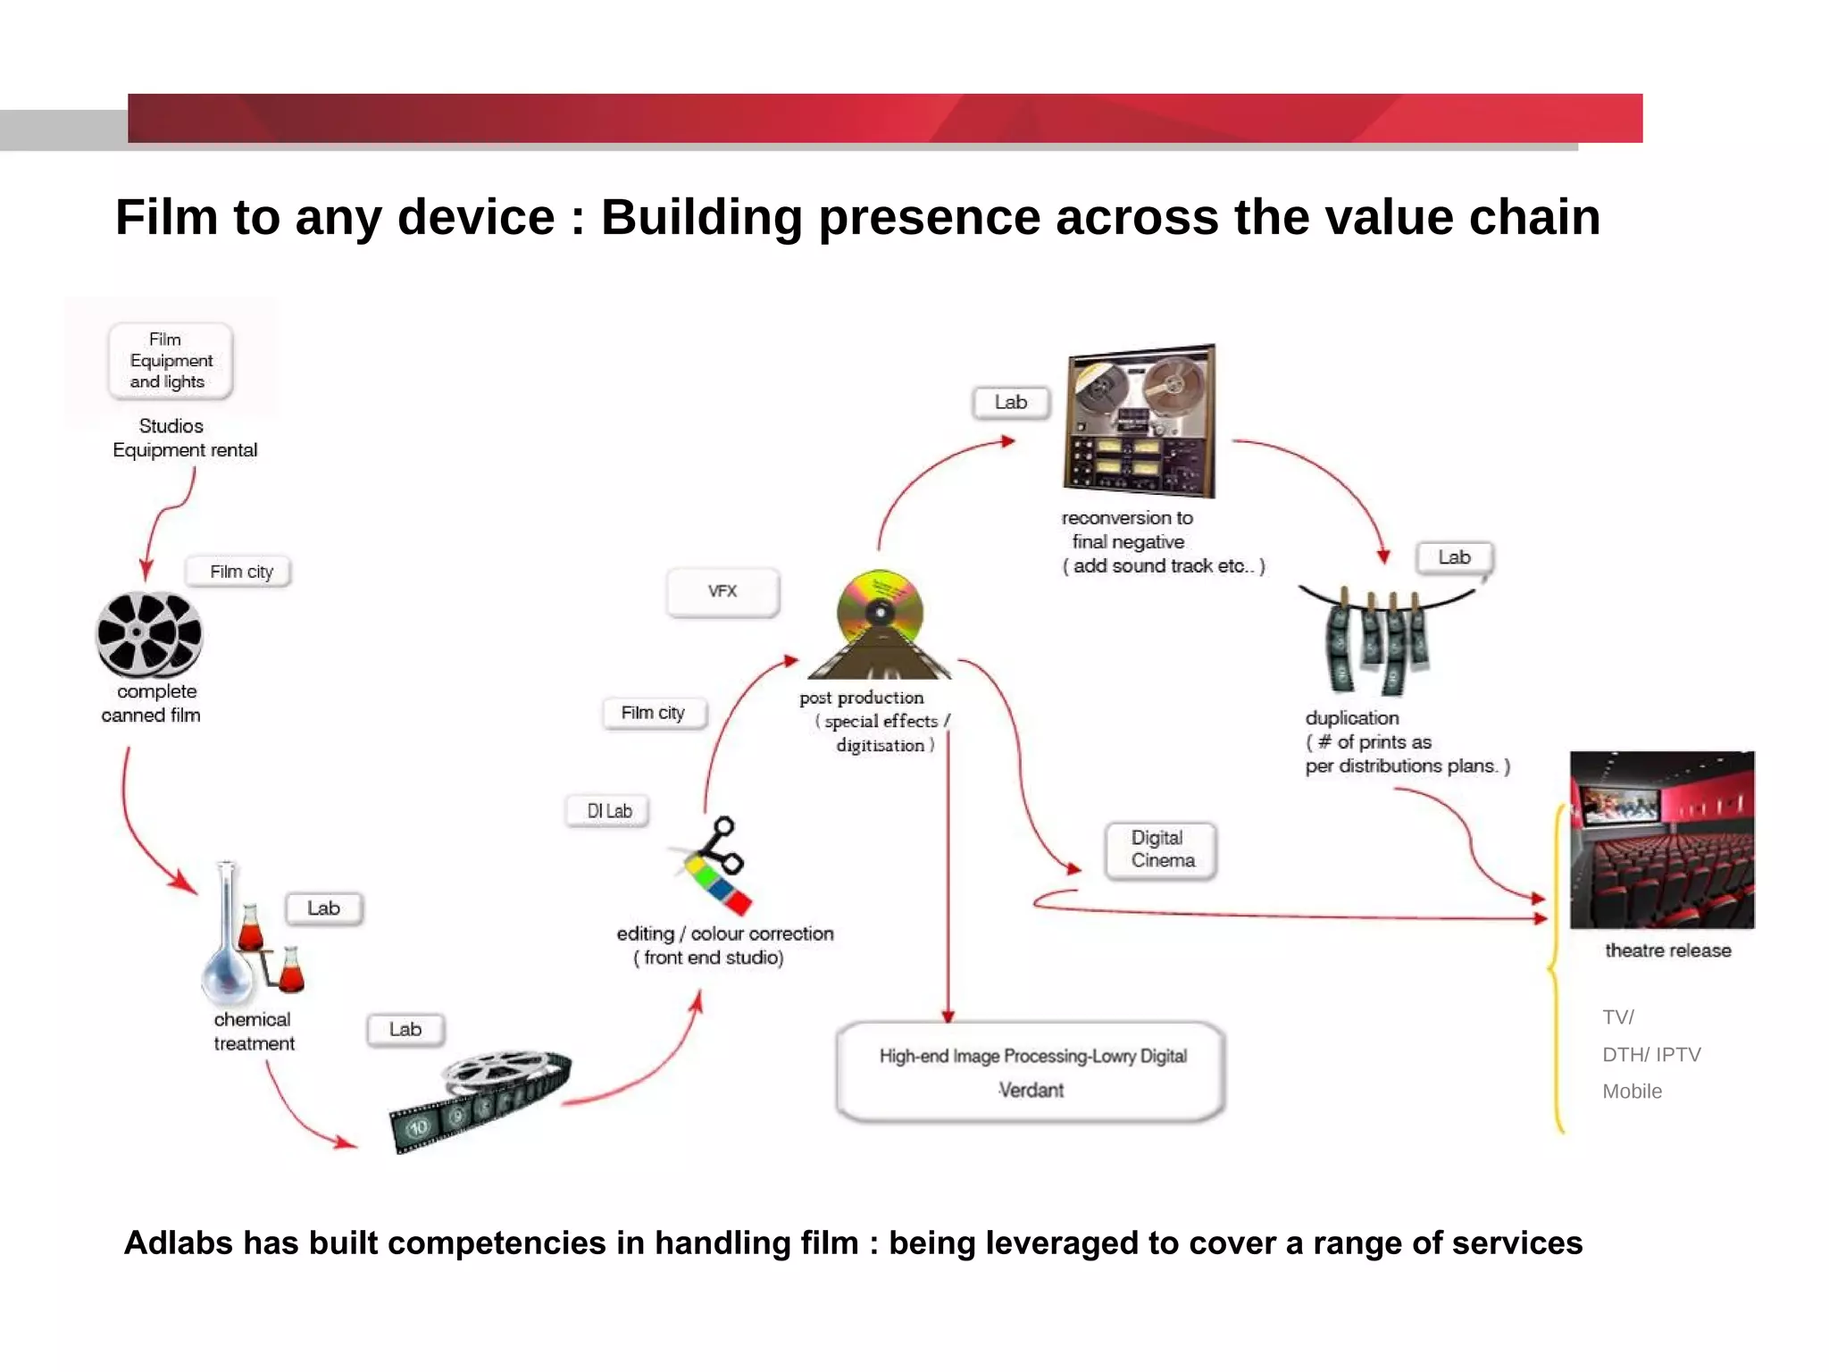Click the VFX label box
722,591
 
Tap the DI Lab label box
608,811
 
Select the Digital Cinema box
1161,849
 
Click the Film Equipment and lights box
170,361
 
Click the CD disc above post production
880,612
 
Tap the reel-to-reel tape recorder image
1140,420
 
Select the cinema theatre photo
1662,840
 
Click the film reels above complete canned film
149,633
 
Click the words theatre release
1667,950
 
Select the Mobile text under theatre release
1632,1092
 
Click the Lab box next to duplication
1454,557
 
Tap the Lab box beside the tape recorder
1011,403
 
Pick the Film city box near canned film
240,572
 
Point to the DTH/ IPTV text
1651,1055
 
